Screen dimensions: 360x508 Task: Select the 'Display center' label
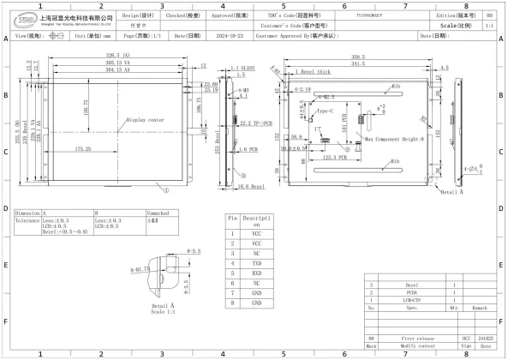(x=145, y=120)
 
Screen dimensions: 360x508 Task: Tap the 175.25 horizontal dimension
(x=83, y=149)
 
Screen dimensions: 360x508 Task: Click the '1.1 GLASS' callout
(x=245, y=67)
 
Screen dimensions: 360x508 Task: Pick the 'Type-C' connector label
(x=326, y=111)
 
